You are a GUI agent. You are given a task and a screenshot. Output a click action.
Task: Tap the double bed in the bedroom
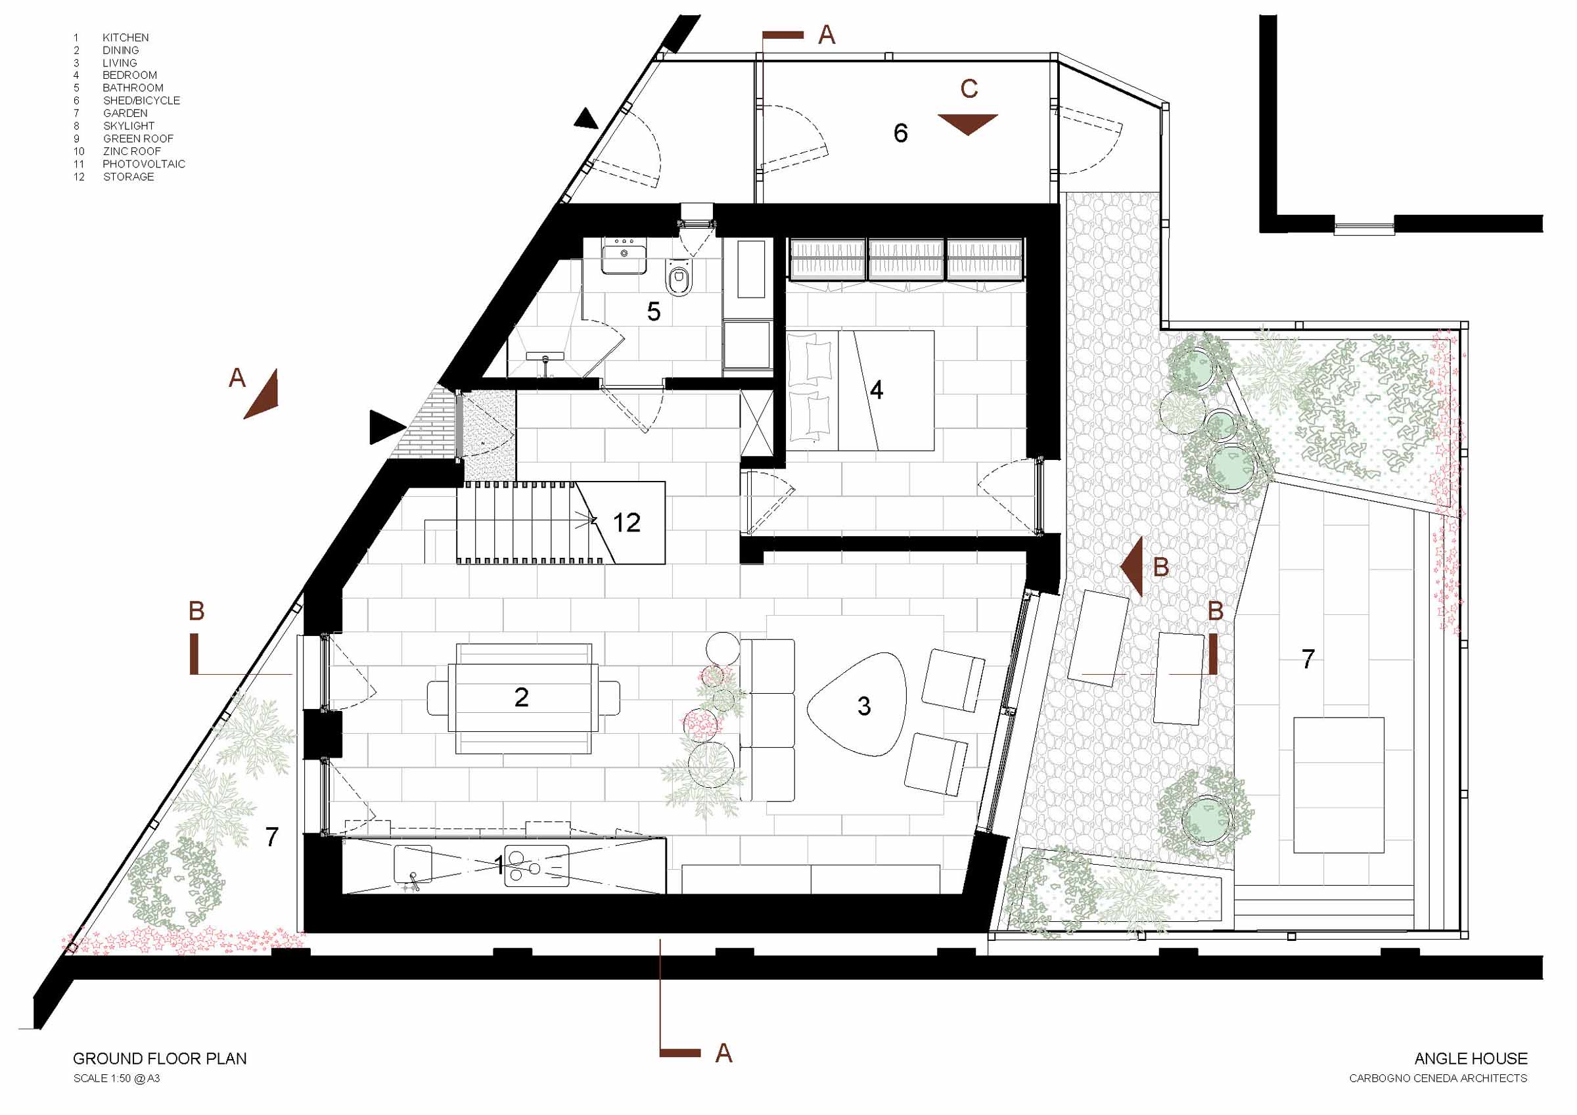(x=861, y=390)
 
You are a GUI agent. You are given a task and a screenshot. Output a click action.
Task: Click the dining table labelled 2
(x=522, y=698)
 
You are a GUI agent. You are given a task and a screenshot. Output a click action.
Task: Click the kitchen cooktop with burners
(x=536, y=865)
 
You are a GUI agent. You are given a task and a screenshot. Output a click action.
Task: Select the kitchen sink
(x=413, y=864)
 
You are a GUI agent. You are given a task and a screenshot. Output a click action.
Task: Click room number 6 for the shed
(x=900, y=133)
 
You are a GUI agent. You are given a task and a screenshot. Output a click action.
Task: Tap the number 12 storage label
(x=626, y=523)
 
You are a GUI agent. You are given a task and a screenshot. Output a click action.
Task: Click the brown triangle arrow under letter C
(x=968, y=123)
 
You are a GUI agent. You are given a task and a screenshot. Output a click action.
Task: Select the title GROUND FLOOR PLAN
(x=160, y=1058)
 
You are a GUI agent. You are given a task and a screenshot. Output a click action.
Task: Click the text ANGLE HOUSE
(x=1471, y=1058)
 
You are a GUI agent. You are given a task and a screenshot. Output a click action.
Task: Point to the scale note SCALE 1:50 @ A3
(x=117, y=1079)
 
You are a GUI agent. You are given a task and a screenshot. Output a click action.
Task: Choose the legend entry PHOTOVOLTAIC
(x=143, y=164)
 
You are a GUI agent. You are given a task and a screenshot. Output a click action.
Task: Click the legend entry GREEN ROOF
(x=138, y=139)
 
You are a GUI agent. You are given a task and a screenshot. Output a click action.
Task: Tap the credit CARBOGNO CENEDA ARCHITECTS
(x=1438, y=1079)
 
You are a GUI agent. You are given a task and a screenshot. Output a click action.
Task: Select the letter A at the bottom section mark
(x=724, y=1053)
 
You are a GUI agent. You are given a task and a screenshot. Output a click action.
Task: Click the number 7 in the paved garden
(x=1308, y=659)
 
